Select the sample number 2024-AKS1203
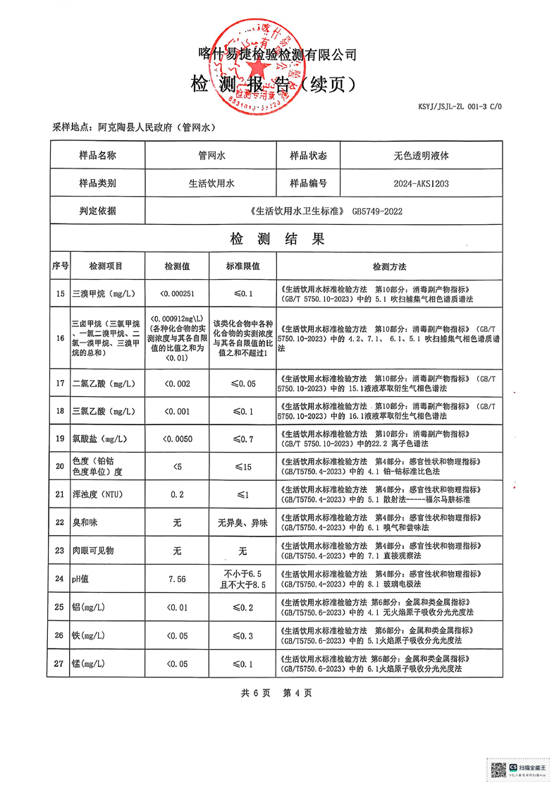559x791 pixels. point(420,183)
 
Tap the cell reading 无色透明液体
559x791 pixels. point(421,156)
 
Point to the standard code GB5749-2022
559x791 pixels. point(377,210)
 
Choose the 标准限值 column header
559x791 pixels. point(242,266)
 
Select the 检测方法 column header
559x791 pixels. point(390,266)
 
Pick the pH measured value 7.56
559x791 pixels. point(177,578)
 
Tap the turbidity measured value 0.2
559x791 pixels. point(177,494)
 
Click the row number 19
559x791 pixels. point(59,439)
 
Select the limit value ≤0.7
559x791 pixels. point(242,439)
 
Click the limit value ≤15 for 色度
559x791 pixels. point(242,466)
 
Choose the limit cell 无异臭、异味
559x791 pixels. point(242,522)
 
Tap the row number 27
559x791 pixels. point(59,663)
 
